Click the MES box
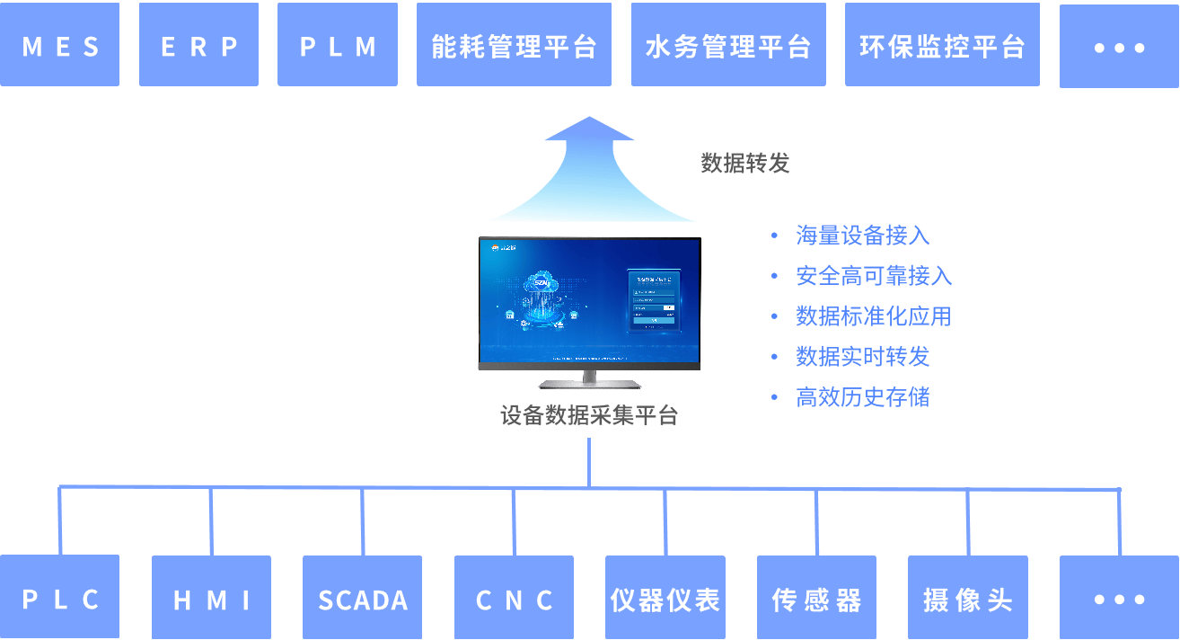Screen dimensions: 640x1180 coord(59,45)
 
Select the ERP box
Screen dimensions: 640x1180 coord(198,45)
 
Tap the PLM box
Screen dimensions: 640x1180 coord(338,45)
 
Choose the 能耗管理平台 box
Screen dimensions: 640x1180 coord(514,45)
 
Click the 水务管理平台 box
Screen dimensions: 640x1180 coord(728,45)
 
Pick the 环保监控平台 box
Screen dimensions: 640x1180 coord(942,45)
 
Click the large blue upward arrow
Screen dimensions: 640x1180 coord(591,175)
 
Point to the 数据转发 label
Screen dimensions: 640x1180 coord(744,163)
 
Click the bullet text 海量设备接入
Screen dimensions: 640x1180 coord(862,236)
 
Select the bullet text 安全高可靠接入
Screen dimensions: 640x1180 coord(874,276)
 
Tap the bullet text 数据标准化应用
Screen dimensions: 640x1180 coord(873,316)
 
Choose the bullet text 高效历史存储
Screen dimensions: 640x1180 coord(862,397)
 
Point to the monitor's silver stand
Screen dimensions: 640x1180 coord(590,379)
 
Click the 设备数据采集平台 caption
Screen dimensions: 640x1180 coord(589,416)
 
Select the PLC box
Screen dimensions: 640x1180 coord(59,598)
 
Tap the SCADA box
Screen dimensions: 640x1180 coord(362,598)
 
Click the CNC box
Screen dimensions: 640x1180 coord(514,598)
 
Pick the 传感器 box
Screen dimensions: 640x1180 coord(815,598)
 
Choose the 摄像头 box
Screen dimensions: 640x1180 coord(967,598)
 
